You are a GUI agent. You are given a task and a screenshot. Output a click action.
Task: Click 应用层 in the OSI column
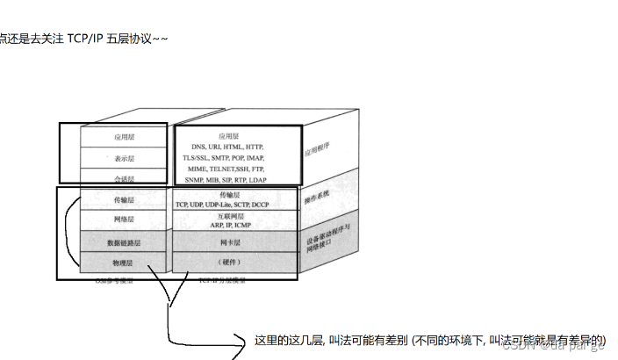124,137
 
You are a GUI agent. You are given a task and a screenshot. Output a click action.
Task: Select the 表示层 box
124,158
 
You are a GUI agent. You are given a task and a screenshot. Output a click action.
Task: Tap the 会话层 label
124,178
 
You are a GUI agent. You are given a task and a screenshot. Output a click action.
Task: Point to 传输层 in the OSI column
124,200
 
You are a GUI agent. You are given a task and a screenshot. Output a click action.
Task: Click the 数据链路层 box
124,242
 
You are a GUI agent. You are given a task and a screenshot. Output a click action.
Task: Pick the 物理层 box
124,263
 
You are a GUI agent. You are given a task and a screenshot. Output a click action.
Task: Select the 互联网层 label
229,215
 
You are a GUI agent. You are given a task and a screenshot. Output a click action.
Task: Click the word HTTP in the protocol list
255,146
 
